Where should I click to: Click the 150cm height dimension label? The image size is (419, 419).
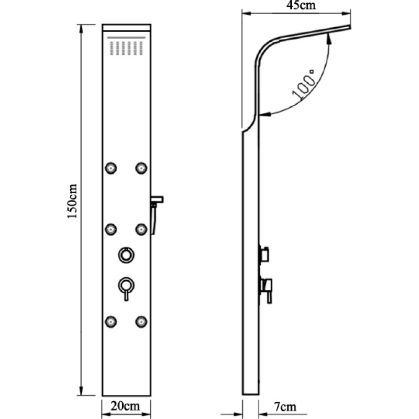click(x=72, y=201)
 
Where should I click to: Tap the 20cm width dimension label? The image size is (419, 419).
click(x=125, y=406)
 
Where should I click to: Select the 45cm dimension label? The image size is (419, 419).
click(x=301, y=5)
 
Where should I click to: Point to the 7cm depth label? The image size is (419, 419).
click(x=285, y=407)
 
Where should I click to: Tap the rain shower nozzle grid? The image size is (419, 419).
click(x=126, y=48)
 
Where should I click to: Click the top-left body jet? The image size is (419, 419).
click(x=111, y=168)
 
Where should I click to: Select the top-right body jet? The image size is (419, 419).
click(x=141, y=168)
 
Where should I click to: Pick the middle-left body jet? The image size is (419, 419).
click(x=111, y=229)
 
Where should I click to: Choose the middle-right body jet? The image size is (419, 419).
click(x=141, y=229)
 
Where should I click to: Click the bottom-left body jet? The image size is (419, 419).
click(x=111, y=322)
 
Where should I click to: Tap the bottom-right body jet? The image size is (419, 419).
click(x=141, y=322)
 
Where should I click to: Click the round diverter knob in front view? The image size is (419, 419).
click(x=126, y=255)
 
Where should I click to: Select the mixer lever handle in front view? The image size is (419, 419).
click(x=126, y=289)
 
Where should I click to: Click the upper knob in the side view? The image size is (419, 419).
click(x=264, y=254)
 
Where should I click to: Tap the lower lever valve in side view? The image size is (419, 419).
click(x=266, y=291)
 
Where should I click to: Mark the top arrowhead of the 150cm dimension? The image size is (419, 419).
click(x=81, y=28)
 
